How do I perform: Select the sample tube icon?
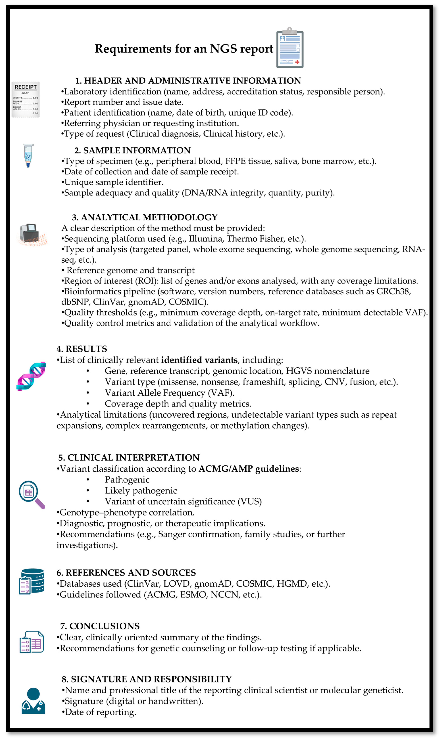click(28, 155)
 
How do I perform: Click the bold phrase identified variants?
click(199, 360)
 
